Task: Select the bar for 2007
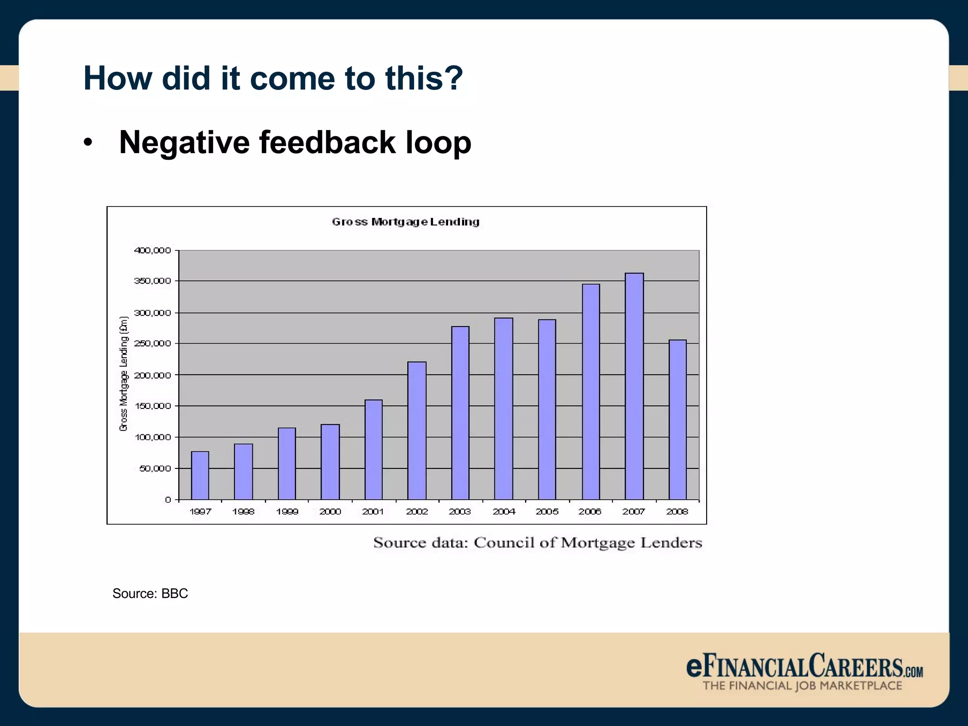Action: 634,386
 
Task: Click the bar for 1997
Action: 200,475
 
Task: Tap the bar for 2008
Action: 677,419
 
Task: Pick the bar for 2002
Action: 417,430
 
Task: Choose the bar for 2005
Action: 547,409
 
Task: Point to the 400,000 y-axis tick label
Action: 153,251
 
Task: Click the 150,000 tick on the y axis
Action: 153,406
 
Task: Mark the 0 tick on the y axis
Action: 168,500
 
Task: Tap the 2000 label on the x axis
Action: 330,511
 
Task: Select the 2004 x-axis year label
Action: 504,511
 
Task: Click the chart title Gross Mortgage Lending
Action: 406,222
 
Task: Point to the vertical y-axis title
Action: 124,373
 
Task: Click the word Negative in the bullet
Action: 184,142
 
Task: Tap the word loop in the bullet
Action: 438,142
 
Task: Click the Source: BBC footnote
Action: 150,593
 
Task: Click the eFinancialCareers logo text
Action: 804,666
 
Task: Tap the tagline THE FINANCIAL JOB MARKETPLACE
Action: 802,686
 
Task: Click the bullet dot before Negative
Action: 87,143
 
